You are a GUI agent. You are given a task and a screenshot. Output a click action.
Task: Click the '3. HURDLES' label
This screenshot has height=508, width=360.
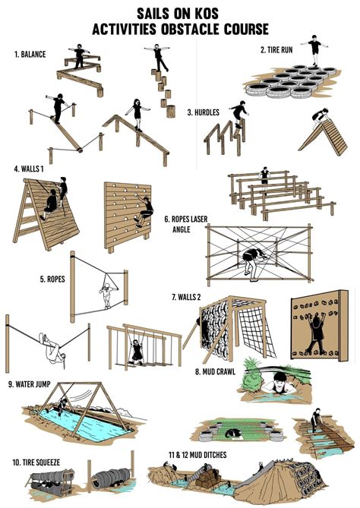click(x=204, y=112)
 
